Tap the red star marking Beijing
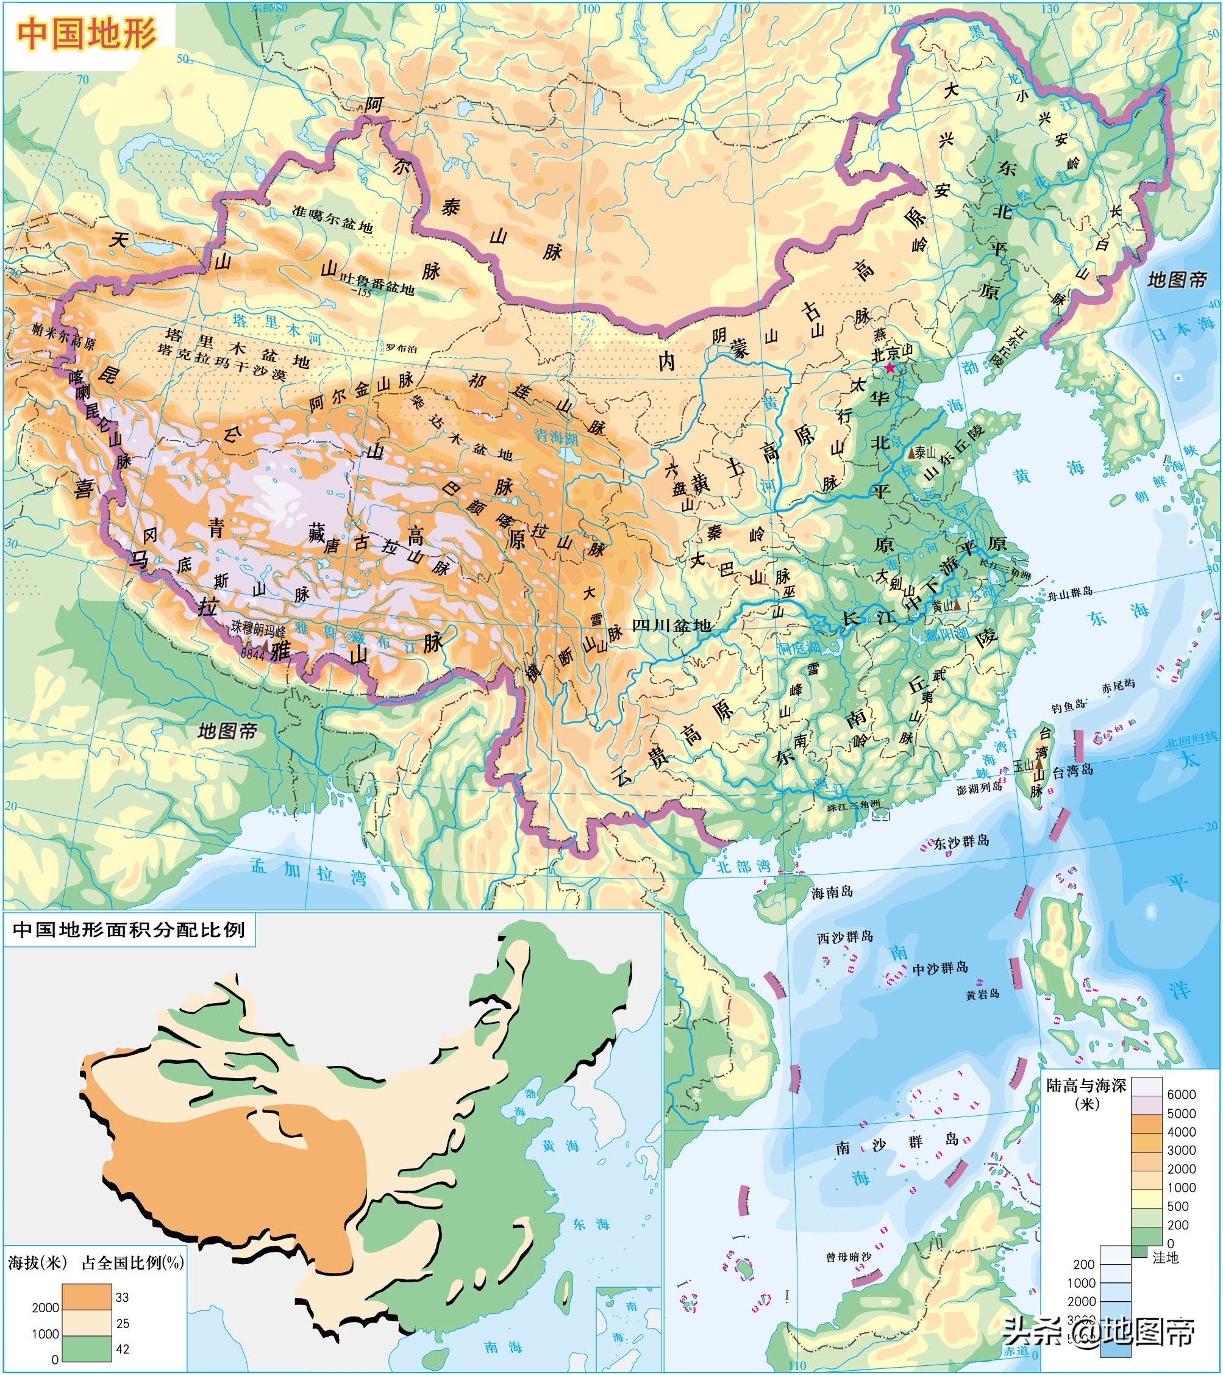890,368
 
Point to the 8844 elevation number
252,652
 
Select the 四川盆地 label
671,625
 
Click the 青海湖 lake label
557,437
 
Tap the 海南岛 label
832,892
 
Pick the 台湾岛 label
1072,771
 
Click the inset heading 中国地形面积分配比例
129,929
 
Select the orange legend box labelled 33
87,1296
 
